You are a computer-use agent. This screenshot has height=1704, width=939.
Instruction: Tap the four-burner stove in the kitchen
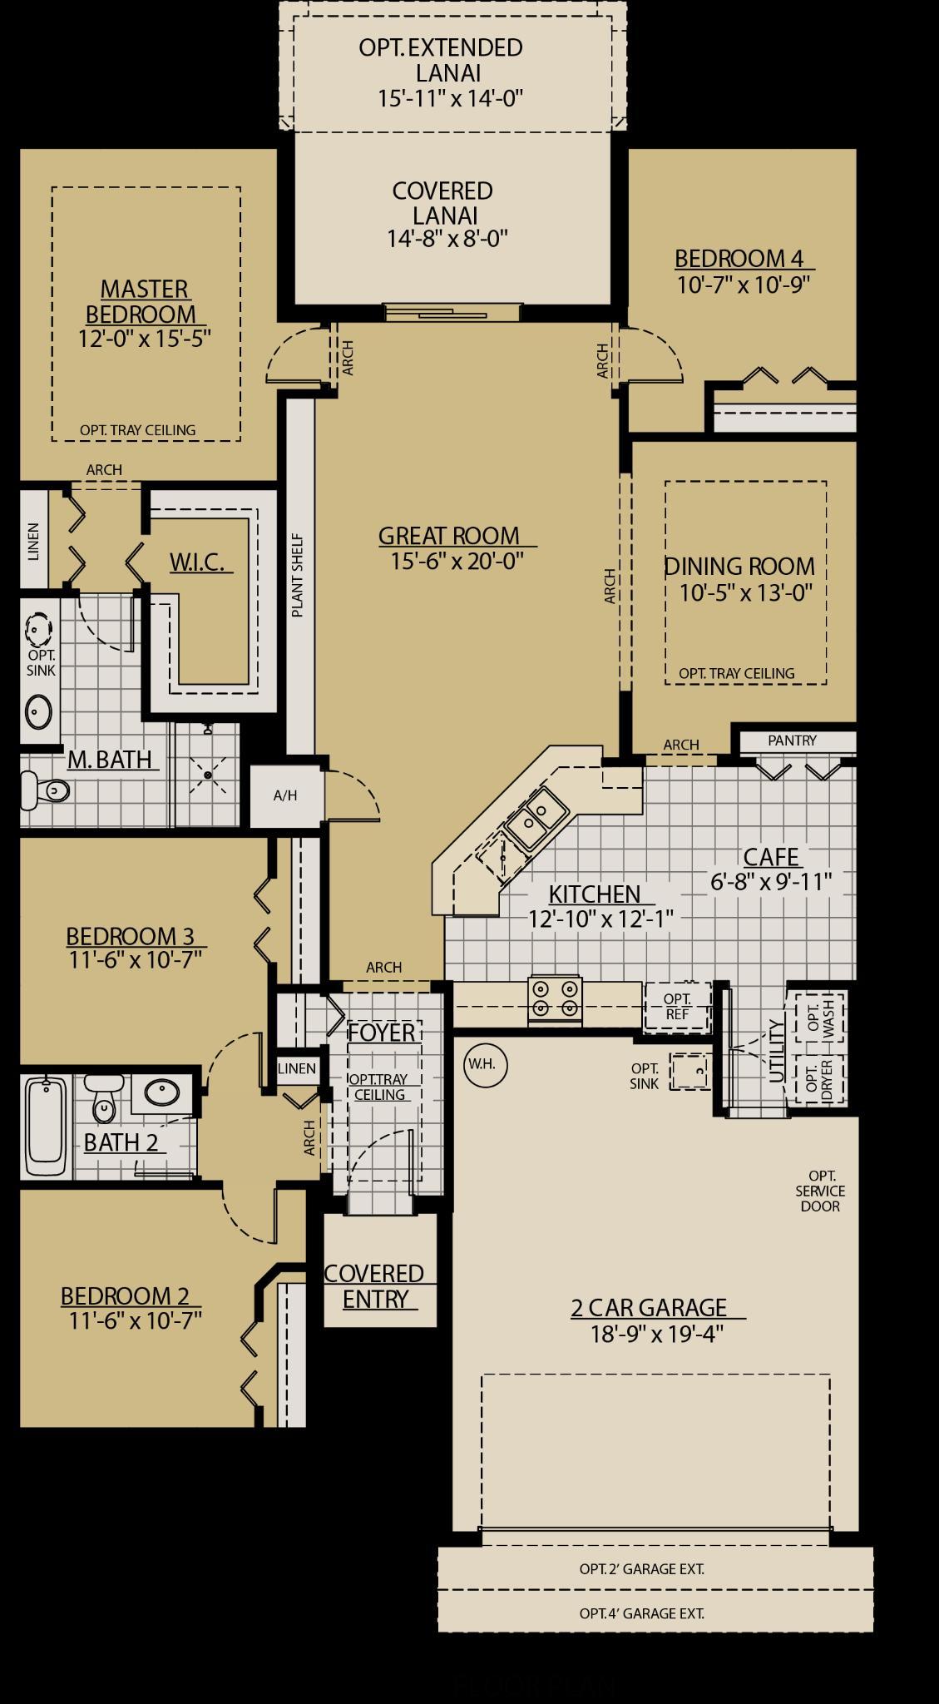pyautogui.click(x=555, y=998)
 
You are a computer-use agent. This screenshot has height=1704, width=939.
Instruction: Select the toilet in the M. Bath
pyautogui.click(x=46, y=789)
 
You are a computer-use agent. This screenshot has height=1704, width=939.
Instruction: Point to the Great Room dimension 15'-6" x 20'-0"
pyautogui.click(x=457, y=562)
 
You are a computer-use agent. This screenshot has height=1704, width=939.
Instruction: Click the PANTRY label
pyautogui.click(x=792, y=741)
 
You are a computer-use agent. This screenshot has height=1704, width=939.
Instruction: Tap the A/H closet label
pyautogui.click(x=285, y=795)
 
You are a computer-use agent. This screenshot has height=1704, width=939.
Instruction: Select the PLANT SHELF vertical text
pyautogui.click(x=298, y=575)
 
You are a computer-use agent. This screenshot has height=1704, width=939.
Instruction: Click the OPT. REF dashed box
pyautogui.click(x=678, y=1006)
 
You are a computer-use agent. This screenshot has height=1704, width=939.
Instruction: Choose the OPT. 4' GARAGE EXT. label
pyautogui.click(x=641, y=1612)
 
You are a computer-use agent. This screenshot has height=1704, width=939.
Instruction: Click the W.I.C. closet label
pyautogui.click(x=197, y=562)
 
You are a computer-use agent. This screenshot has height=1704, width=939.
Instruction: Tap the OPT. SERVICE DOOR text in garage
pyautogui.click(x=821, y=1191)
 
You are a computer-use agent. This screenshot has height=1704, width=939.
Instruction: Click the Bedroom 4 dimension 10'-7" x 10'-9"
pyautogui.click(x=743, y=285)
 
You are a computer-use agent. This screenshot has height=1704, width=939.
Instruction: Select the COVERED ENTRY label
pyautogui.click(x=374, y=1285)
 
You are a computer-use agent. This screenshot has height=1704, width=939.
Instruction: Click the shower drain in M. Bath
pyautogui.click(x=209, y=775)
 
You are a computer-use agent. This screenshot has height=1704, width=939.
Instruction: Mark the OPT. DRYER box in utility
pyautogui.click(x=819, y=1079)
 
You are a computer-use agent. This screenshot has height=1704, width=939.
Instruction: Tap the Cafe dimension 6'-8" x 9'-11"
pyautogui.click(x=771, y=882)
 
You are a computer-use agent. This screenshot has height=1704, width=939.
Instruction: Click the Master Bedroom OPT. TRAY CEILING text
pyautogui.click(x=137, y=430)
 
